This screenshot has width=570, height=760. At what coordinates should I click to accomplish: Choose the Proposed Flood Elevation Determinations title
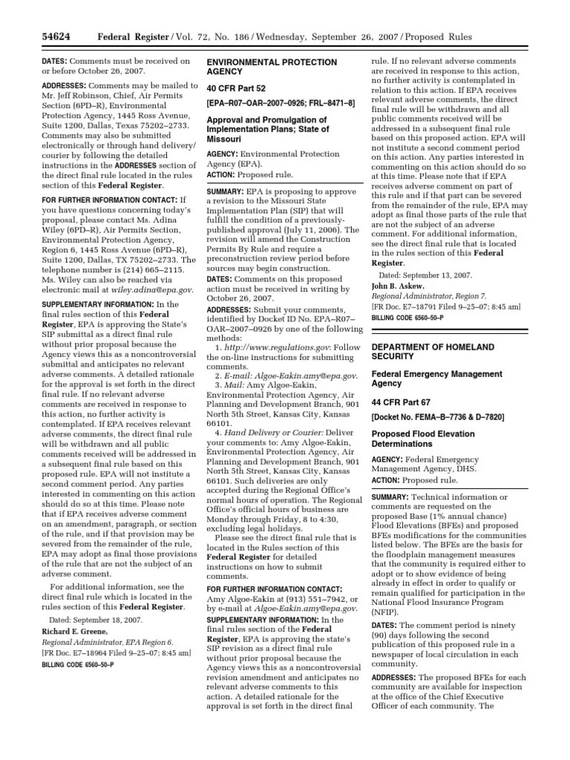[x=424, y=438]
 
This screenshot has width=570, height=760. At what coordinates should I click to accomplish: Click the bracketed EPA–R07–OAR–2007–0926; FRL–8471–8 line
[x=281, y=102]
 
